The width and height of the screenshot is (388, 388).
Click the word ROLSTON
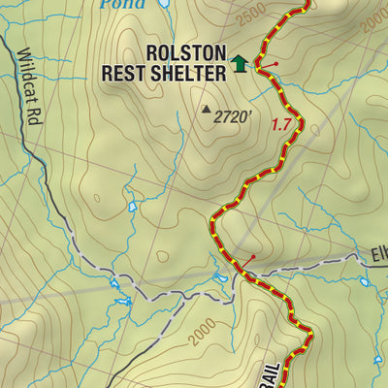coord(186,52)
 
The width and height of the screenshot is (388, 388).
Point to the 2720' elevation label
coord(233,117)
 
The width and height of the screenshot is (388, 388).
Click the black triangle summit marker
coord(206,111)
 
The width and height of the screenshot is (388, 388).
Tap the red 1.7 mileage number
coord(281,124)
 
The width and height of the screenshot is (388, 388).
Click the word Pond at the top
coord(121,4)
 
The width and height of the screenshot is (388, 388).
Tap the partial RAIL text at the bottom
coord(271,374)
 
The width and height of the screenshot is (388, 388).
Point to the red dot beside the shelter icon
coord(278,65)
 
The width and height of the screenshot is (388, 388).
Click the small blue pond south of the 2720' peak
coord(133,207)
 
